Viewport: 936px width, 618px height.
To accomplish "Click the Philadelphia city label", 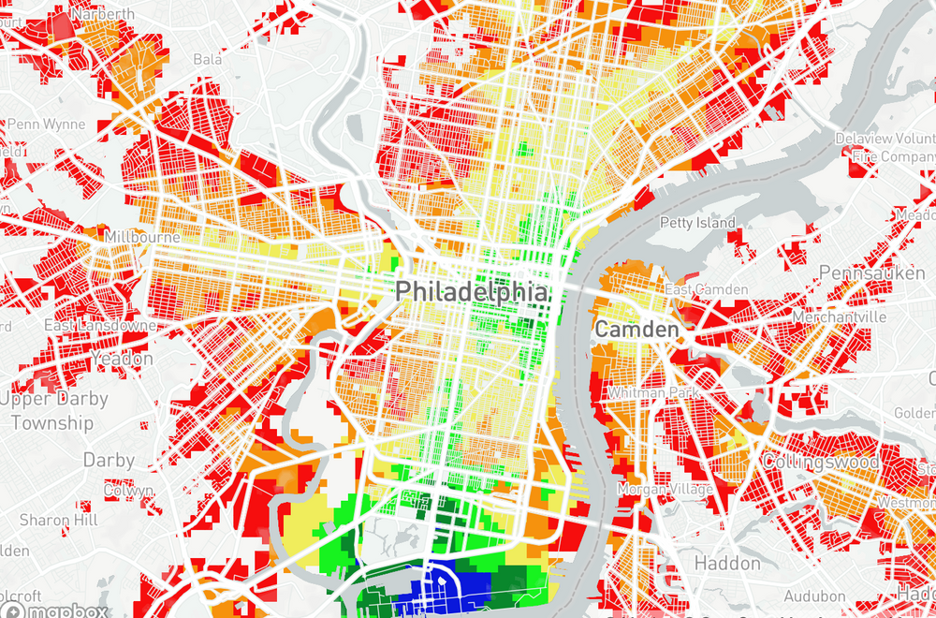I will tap(471, 291).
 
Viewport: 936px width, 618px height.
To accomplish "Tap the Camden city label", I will tap(636, 330).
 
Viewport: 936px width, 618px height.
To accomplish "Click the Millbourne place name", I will tap(143, 237).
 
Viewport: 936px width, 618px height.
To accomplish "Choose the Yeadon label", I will tap(123, 359).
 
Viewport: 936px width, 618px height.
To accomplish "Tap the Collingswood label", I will tap(821, 463).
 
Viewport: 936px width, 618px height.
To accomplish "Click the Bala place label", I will tap(207, 60).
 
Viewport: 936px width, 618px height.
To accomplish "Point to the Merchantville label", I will tap(838, 317).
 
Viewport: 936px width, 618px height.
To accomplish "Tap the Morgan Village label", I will tap(665, 490).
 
